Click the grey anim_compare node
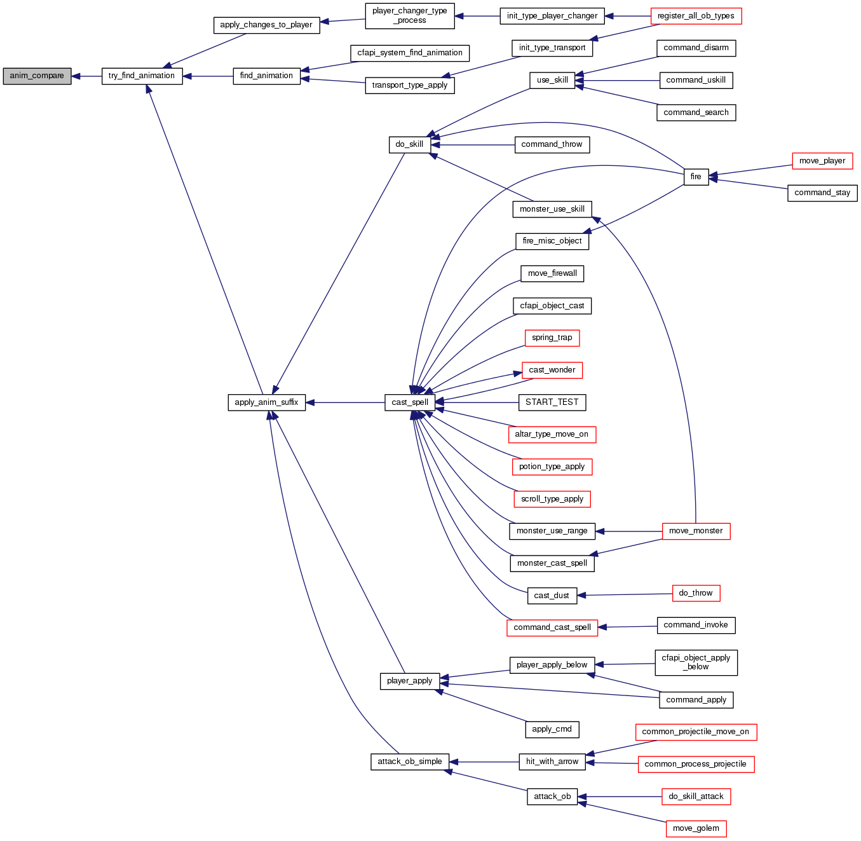pos(37,76)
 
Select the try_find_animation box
pos(142,76)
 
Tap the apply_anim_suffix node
pos(266,402)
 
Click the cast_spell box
pos(410,402)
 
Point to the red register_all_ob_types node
pos(696,17)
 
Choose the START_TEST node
pos(552,402)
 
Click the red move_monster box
pos(696,531)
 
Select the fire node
pos(696,177)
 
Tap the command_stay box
pos(822,193)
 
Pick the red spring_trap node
pos(552,338)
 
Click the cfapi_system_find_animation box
pos(410,53)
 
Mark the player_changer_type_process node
pos(410,16)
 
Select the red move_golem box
pos(696,829)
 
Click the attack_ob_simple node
pos(410,762)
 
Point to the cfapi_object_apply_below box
pos(696,662)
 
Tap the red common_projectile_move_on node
pos(696,732)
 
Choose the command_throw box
pos(552,145)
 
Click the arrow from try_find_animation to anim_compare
pos(86,76)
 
